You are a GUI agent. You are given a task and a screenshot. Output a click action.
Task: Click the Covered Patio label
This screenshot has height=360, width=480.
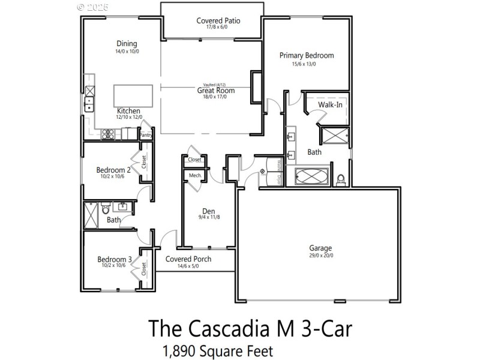(218, 21)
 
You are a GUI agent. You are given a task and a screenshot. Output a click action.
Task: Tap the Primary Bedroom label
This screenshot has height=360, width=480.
(307, 55)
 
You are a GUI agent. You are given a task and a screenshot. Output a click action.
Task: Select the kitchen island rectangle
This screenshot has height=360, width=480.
(133, 95)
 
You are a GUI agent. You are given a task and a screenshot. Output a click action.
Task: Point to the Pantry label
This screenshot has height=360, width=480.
(146, 136)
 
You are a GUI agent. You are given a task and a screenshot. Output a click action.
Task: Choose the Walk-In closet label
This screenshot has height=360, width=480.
(331, 105)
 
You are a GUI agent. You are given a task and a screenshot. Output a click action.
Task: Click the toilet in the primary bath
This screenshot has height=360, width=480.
(341, 179)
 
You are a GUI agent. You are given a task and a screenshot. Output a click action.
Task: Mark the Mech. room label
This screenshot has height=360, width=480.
(195, 175)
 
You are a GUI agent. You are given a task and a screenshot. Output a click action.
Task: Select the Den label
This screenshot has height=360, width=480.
(208, 211)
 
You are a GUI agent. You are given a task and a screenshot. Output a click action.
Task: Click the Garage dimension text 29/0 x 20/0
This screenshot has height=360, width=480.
(320, 256)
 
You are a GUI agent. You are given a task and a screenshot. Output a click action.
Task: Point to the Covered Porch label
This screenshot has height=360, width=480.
(188, 259)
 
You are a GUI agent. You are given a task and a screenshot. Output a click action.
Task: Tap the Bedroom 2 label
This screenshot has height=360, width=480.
(113, 170)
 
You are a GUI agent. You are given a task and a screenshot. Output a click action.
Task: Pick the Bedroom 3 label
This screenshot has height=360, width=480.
(113, 259)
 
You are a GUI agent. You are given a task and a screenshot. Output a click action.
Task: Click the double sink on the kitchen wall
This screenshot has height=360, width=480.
(89, 103)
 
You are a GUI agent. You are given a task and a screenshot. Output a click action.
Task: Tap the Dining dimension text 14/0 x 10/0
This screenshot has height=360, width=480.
(127, 52)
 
